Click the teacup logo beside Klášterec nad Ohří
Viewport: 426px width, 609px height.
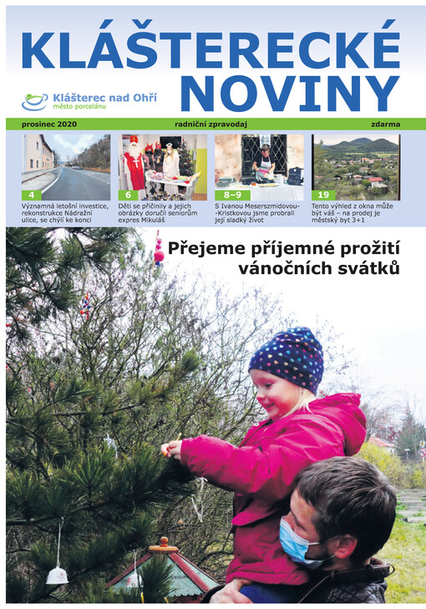[x=34, y=101]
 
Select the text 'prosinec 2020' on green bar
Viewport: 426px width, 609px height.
[x=39, y=124]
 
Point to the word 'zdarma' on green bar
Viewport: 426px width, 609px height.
[x=384, y=124]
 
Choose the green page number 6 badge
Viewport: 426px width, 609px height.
[x=129, y=195]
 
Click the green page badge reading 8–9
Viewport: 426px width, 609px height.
[x=231, y=195]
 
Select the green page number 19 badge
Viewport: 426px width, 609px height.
[x=322, y=195]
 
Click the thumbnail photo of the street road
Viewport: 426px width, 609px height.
[x=65, y=166]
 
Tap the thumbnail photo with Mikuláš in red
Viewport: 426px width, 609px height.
[x=163, y=166]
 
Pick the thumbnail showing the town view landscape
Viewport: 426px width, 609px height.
[x=356, y=166]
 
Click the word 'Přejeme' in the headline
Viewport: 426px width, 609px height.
[x=205, y=248]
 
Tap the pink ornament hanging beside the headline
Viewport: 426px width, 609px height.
[x=159, y=251]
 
